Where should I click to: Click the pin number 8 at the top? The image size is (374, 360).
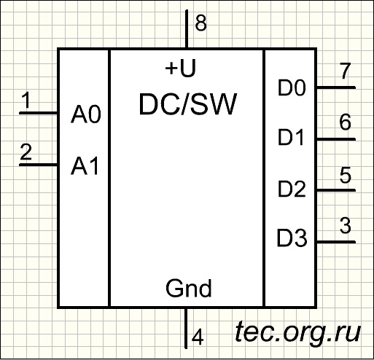(201, 23)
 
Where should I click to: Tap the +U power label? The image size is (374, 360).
(181, 69)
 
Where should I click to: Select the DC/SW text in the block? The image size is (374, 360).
(188, 104)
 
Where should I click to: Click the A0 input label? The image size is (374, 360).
(86, 114)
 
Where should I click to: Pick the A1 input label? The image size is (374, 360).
(85, 166)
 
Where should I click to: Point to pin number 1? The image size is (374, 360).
(26, 100)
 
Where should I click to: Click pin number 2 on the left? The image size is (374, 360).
(26, 152)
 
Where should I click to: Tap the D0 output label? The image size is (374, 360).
(292, 87)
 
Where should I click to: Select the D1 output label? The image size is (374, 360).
(291, 138)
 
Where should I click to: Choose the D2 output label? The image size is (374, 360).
(292, 189)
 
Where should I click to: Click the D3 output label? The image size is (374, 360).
(292, 238)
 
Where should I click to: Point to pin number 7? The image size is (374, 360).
(345, 71)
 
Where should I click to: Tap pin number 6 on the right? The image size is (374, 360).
(345, 122)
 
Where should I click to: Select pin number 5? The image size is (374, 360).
(346, 175)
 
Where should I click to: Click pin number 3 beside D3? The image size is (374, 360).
(346, 226)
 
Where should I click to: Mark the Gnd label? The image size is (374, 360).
(189, 289)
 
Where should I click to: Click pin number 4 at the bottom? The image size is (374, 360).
(198, 337)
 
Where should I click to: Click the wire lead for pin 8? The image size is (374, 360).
(187, 29)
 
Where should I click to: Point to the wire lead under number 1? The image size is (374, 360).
(39, 113)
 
